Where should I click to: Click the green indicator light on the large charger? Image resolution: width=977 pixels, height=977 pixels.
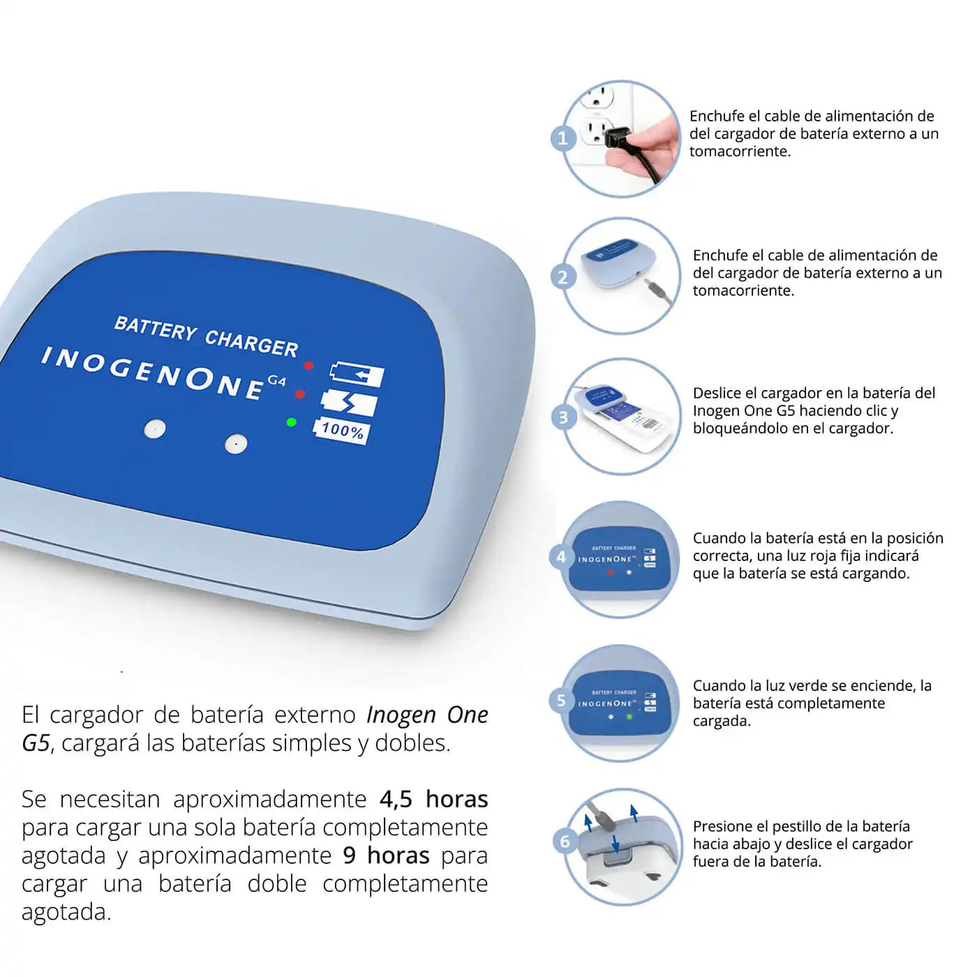[x=291, y=422]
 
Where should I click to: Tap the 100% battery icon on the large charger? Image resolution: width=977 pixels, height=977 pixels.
[x=342, y=430]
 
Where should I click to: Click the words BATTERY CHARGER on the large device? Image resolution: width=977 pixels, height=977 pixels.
[x=206, y=336]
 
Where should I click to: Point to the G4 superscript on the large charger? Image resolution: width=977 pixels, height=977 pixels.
[x=276, y=381]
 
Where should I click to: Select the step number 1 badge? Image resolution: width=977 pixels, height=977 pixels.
[x=562, y=138]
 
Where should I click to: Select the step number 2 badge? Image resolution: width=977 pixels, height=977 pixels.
[x=562, y=278]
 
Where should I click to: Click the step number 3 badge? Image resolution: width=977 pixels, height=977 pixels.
[x=563, y=417]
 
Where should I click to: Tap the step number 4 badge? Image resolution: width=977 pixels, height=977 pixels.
[x=561, y=557]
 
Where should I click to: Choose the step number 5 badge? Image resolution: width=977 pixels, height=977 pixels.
[x=561, y=700]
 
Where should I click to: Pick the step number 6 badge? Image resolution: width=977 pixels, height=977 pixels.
[x=565, y=842]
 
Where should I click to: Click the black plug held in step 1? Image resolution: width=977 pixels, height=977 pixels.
[x=618, y=137]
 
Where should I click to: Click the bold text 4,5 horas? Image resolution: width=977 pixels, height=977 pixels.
[x=433, y=799]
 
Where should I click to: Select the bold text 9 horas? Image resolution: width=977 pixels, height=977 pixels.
[x=386, y=856]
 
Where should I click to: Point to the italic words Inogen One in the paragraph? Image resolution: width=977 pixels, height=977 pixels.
[x=427, y=715]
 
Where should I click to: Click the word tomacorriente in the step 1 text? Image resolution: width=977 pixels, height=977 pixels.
[x=740, y=151]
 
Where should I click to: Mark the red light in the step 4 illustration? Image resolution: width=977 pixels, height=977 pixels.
[x=611, y=572]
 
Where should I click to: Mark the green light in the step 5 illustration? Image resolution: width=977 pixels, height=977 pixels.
[x=629, y=717]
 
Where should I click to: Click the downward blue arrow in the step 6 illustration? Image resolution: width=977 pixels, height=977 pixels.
[x=616, y=843]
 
